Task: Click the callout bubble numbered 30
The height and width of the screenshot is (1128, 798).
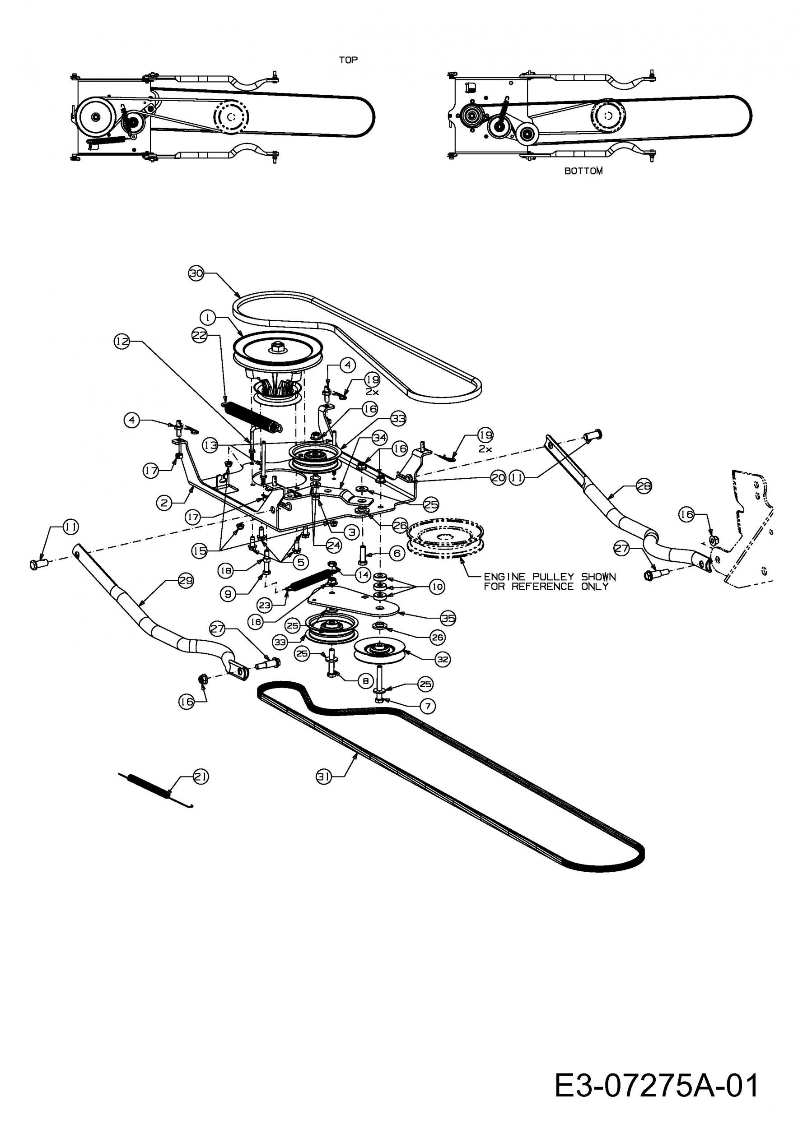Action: click(196, 273)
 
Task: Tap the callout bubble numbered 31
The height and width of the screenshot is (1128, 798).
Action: click(323, 776)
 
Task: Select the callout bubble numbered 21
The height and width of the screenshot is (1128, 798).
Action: click(201, 776)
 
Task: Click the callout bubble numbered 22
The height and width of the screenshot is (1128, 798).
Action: click(200, 337)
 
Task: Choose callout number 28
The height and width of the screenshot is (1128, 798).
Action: click(644, 486)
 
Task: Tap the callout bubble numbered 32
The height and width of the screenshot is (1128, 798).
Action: click(443, 659)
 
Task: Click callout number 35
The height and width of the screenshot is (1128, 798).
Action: click(448, 618)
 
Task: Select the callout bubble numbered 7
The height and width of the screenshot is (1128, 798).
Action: click(428, 707)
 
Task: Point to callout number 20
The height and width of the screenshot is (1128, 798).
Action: click(498, 477)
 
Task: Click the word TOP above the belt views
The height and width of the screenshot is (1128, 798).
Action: click(348, 60)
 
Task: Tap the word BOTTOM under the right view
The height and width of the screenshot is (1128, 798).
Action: click(583, 171)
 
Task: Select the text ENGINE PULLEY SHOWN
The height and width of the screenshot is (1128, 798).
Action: click(550, 576)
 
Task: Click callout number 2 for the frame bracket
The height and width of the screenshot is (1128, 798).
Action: click(164, 503)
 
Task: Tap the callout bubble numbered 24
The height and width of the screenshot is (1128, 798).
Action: click(333, 545)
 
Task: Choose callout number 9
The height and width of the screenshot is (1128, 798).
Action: click(228, 594)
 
